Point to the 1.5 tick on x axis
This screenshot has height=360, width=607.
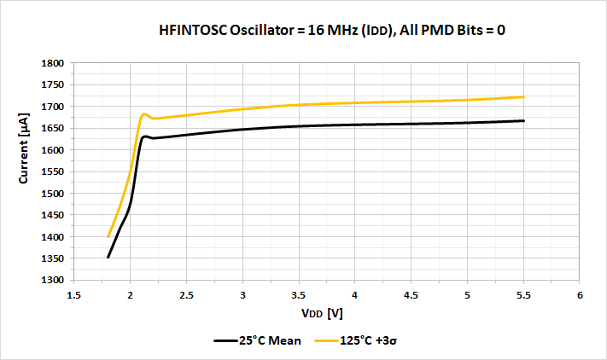point(73,295)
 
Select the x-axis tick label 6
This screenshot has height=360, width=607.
point(580,295)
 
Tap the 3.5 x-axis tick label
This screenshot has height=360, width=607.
point(299,295)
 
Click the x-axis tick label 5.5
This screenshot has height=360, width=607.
point(523,295)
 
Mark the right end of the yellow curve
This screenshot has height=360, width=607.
point(523,96)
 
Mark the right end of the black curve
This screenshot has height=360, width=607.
point(523,120)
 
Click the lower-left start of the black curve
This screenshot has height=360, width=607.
point(108,257)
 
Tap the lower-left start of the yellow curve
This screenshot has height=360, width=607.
point(108,236)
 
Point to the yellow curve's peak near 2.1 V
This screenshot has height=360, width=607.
point(143,113)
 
